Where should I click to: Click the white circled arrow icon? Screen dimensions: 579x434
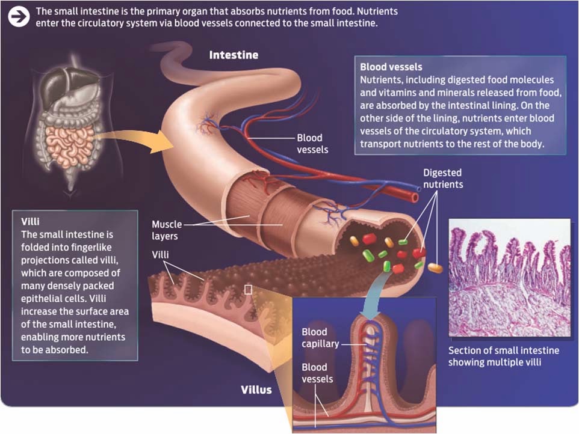point(19,17)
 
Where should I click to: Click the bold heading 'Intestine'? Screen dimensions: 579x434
point(234,55)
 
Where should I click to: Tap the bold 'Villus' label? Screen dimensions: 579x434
point(256,390)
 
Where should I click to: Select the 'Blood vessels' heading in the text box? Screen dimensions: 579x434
point(391,67)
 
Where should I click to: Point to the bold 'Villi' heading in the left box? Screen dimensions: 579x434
point(30,221)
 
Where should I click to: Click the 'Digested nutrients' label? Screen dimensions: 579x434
point(443,179)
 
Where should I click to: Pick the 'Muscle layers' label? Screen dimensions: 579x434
point(167,230)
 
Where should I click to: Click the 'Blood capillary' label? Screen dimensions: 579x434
point(320,338)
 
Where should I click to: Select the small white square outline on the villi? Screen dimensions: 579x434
point(248,290)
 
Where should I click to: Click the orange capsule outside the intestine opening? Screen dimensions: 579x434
point(435,267)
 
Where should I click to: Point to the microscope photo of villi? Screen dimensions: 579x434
point(510,278)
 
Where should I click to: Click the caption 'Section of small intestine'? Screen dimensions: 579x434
point(504,350)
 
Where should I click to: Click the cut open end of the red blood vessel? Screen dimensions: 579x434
point(414,198)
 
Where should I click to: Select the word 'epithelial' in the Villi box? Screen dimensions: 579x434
point(41,298)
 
